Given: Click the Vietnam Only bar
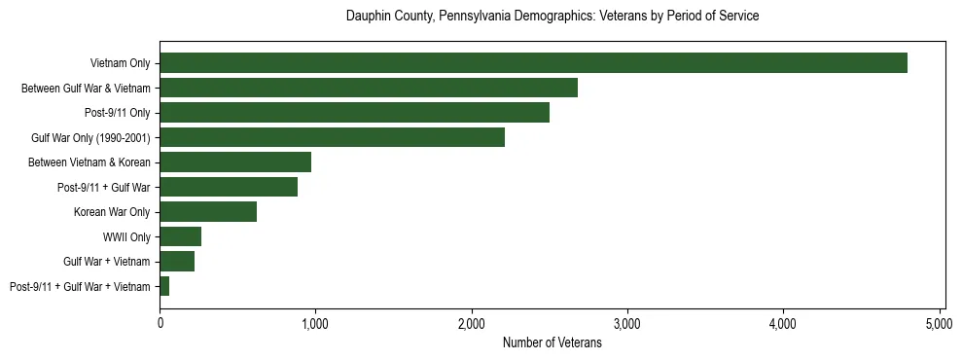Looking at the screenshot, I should pyautogui.click(x=533, y=63).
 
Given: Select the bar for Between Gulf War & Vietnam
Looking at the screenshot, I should pyautogui.click(x=369, y=88).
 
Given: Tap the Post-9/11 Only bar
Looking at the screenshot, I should pyautogui.click(x=354, y=113).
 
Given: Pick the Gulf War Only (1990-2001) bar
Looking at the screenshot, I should pyautogui.click(x=332, y=137).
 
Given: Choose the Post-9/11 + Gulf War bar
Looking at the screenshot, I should pyautogui.click(x=229, y=187).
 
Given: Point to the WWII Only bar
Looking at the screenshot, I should pyautogui.click(x=181, y=236).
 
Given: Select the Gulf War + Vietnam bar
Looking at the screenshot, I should pyautogui.click(x=177, y=262).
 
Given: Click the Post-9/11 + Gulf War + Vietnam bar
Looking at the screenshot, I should pyautogui.click(x=164, y=286).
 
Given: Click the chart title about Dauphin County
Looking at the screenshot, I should pyautogui.click(x=552, y=17).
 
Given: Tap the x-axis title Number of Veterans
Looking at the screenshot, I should pyautogui.click(x=552, y=343).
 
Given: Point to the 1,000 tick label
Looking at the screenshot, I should pyautogui.click(x=315, y=323).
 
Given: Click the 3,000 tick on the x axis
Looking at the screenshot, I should pyautogui.click(x=627, y=323).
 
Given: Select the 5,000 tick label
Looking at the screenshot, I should pyautogui.click(x=940, y=323).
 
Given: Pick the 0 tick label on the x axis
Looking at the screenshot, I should pyautogui.click(x=160, y=323).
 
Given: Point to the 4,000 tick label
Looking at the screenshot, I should pyautogui.click(x=783, y=323).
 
